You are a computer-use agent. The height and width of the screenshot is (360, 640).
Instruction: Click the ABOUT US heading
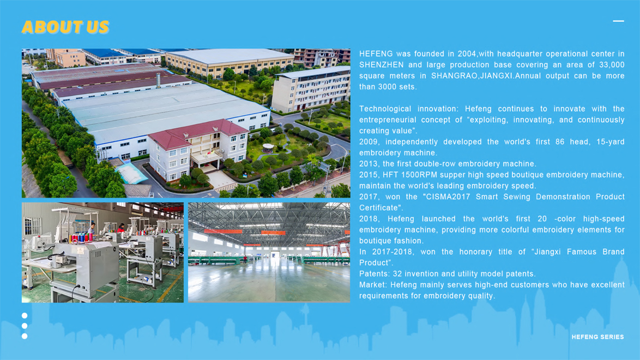65,27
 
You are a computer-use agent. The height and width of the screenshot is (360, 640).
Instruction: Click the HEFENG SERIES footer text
597,337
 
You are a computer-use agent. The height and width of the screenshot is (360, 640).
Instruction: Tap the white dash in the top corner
618,21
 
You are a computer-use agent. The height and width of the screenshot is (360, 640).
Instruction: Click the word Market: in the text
373,285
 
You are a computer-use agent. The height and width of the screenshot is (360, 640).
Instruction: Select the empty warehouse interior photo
269,253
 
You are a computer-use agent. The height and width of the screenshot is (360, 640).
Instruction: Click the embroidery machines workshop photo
102,253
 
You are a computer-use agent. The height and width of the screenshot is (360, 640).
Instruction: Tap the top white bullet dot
25,316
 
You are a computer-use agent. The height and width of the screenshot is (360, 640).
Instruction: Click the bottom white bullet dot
25,336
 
